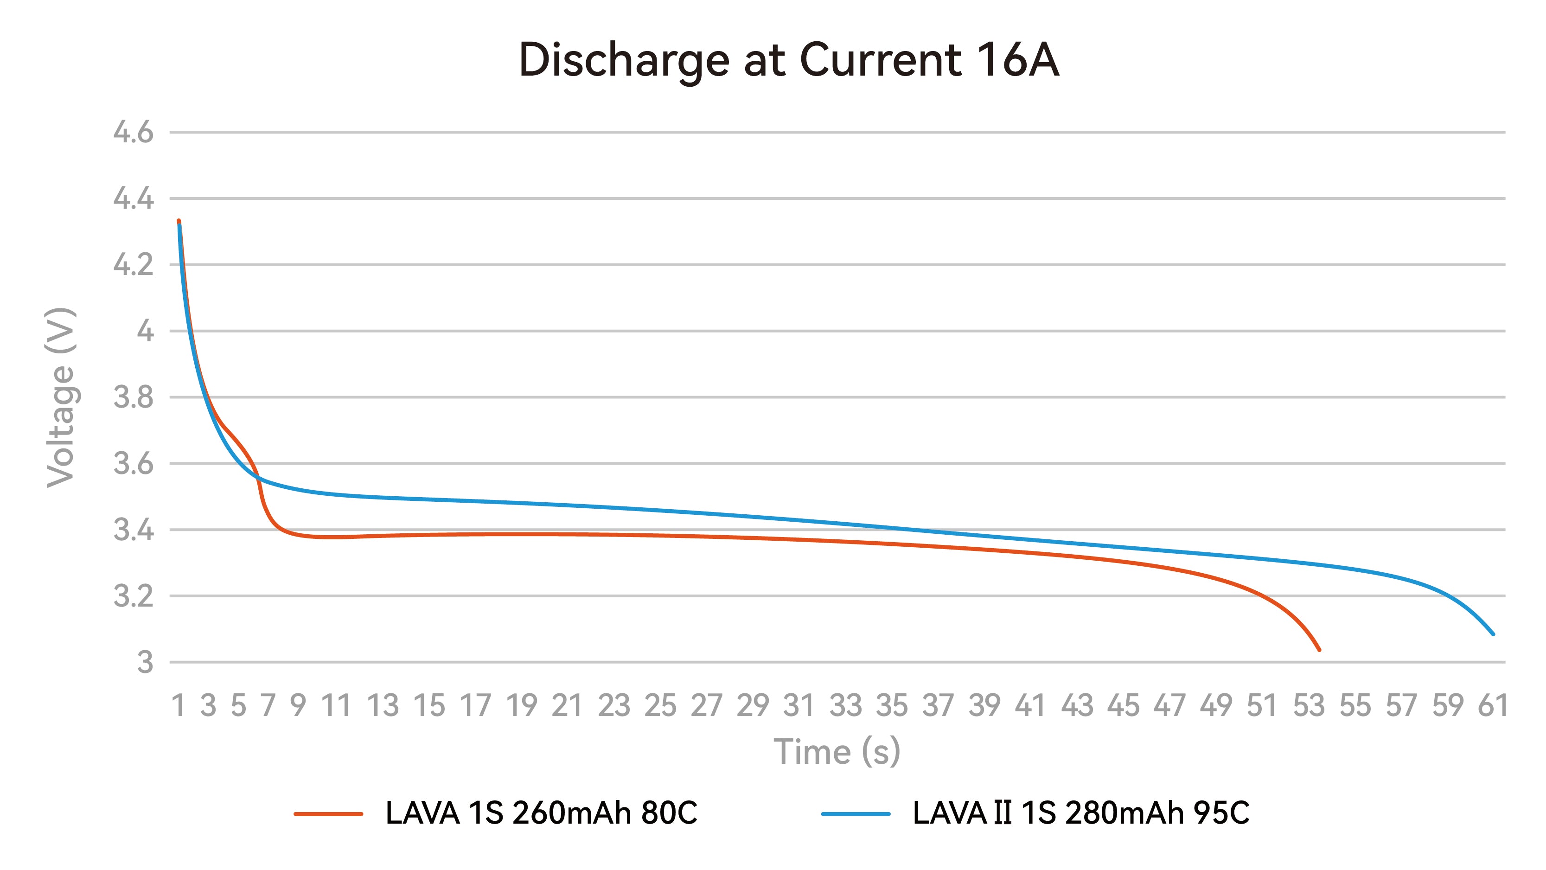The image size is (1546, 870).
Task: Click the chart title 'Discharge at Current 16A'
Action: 789,60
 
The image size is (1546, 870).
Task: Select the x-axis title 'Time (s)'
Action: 837,752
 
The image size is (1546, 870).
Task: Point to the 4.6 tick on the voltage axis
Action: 133,132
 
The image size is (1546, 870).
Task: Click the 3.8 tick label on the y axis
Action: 133,397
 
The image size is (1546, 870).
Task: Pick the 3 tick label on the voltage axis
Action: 145,663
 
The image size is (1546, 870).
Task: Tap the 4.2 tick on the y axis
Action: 133,265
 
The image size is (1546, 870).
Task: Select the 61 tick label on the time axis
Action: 1493,705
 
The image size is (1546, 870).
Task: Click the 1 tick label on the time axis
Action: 178,705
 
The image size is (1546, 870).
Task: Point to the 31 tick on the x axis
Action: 799,705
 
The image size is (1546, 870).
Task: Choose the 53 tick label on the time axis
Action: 1308,705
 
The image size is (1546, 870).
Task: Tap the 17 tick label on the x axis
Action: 475,705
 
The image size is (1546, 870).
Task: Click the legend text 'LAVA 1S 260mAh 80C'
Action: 541,813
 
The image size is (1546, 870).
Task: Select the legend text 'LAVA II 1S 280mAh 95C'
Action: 1081,813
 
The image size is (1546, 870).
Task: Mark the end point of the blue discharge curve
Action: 1493,634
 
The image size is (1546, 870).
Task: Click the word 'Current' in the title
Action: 881,60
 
